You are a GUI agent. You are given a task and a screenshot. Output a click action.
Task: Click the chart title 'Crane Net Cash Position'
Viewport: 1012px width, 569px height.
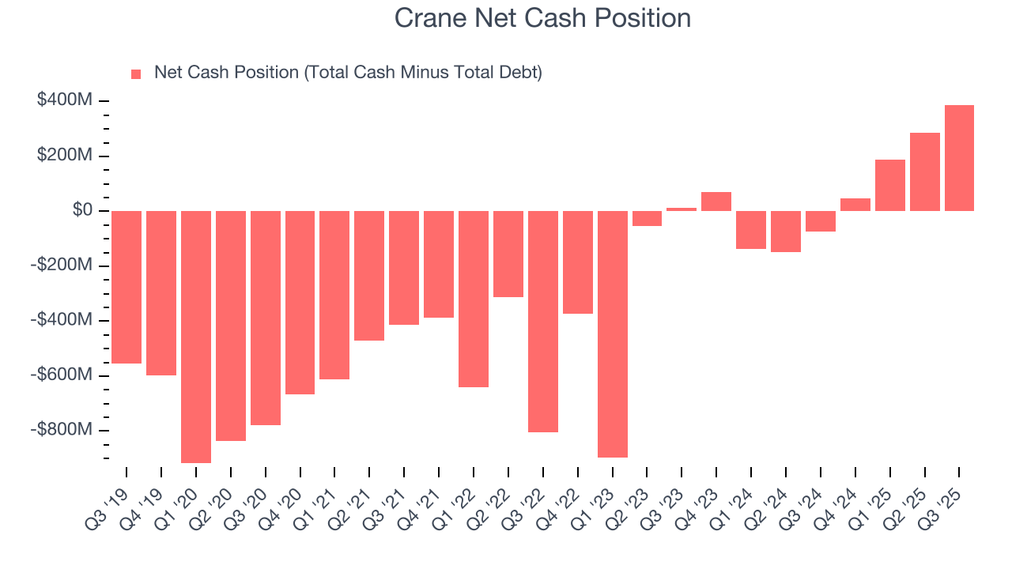point(542,17)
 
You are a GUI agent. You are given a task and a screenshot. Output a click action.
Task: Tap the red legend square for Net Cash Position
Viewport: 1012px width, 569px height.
point(136,73)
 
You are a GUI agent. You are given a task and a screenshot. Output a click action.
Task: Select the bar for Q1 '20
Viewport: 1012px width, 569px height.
point(196,336)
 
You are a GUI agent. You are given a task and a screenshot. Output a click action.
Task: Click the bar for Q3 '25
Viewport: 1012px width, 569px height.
point(959,158)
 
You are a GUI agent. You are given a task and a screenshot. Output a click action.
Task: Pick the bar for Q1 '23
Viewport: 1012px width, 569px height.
point(613,333)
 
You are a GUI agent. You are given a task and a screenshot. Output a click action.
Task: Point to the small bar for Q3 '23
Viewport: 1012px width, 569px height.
point(682,209)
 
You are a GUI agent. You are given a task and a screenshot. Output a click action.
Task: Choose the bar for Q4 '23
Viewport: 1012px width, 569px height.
point(716,202)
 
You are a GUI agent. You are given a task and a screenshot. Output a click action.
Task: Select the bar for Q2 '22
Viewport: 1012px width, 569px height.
point(508,254)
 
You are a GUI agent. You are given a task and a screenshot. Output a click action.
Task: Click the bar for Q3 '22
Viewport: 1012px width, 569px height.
point(543,321)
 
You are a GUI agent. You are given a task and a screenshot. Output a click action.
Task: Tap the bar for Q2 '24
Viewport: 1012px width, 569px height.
point(786,231)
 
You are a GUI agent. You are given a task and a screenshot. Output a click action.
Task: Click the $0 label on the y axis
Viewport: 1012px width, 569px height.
point(81,210)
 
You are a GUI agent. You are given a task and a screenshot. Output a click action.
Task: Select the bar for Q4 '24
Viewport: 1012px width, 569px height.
point(855,205)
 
